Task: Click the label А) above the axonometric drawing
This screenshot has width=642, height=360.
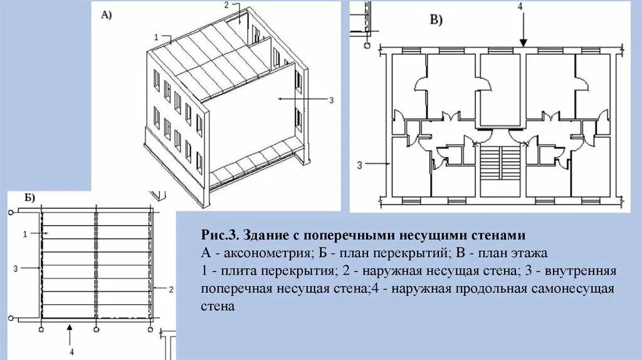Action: tap(106, 17)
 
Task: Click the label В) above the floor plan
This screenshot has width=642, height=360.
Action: tap(436, 19)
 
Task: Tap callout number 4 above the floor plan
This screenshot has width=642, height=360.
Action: tap(520, 6)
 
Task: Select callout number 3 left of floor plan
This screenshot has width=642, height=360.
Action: tap(360, 165)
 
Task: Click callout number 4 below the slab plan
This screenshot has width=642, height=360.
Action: tap(71, 352)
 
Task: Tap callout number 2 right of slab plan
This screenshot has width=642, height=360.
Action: tap(170, 289)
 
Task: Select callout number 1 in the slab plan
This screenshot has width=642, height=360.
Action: tap(24, 234)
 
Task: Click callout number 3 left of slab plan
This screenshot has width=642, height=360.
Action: tap(15, 268)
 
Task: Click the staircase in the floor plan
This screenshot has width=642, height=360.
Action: tap(500, 168)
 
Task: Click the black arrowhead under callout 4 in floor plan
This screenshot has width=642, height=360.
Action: tap(521, 43)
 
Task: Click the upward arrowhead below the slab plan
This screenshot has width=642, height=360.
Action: tap(71, 327)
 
